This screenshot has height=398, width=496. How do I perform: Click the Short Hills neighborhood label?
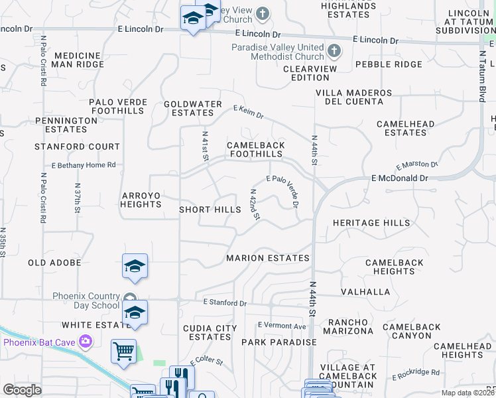(210, 210)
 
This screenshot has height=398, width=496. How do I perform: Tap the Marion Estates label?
(268, 258)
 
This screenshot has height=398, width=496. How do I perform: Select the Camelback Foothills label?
(256, 149)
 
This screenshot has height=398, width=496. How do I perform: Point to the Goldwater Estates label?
(193, 109)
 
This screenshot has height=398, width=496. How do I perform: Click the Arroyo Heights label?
(141, 200)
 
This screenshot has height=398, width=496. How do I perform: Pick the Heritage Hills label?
(371, 223)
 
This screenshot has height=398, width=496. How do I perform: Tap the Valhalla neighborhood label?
(365, 292)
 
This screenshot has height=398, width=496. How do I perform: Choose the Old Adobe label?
(54, 263)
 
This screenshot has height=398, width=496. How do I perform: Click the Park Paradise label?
(279, 342)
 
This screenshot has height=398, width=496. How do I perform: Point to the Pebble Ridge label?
(389, 64)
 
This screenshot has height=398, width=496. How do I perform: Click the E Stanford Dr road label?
(225, 303)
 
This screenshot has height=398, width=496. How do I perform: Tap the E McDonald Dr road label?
(400, 178)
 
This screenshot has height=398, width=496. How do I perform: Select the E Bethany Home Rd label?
(84, 165)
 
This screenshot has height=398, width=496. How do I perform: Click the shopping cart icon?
(124, 352)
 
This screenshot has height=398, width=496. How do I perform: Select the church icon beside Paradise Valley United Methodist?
(334, 50)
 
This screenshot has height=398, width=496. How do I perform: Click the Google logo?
(22, 390)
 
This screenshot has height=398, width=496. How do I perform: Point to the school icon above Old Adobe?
(135, 267)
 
